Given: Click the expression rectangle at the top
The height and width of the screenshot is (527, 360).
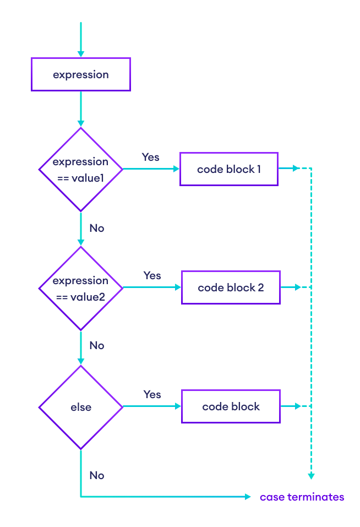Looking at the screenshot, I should [x=81, y=74].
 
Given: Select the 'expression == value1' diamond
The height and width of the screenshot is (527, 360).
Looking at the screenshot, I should [x=81, y=170].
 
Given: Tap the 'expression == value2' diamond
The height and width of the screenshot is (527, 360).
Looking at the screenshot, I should [x=81, y=288].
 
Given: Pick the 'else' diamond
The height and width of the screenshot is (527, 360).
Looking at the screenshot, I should [x=81, y=408].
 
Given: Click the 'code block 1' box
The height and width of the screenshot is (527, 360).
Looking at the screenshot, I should [x=229, y=169].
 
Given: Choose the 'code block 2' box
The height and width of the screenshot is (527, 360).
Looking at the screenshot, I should [x=231, y=287].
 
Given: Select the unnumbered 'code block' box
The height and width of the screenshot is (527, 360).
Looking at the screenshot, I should [x=231, y=407].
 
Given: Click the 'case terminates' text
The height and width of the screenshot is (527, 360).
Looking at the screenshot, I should [x=302, y=497].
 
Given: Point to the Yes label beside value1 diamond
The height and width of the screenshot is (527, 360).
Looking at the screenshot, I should [x=150, y=157].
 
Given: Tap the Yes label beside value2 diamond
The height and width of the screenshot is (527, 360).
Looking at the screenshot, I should [x=152, y=275].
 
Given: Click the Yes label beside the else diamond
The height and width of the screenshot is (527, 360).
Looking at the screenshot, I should [x=152, y=394].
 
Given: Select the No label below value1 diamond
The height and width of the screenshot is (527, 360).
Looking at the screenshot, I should [x=96, y=228].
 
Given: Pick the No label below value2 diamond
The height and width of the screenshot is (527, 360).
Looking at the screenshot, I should [x=96, y=345].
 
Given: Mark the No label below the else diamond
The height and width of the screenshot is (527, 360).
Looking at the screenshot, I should [x=96, y=475].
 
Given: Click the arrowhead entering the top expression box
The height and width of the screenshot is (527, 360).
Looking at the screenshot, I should [x=81, y=54].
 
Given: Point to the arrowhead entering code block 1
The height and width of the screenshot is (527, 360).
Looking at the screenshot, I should [x=177, y=169].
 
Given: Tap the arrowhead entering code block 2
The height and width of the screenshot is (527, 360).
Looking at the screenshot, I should [x=178, y=287].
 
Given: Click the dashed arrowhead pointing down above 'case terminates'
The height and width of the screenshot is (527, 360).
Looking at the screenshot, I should [x=311, y=476].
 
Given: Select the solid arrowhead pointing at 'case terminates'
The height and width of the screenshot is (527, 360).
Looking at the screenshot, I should [x=248, y=497].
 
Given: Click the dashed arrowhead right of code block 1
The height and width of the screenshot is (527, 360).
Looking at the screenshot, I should [x=297, y=169].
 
